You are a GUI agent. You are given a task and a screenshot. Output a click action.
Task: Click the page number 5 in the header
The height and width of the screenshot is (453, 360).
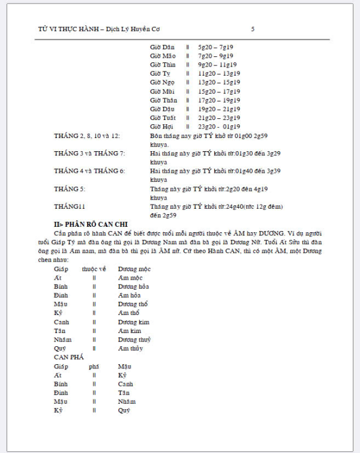(253, 29)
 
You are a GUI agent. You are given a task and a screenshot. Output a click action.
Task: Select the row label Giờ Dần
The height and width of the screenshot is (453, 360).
(163, 47)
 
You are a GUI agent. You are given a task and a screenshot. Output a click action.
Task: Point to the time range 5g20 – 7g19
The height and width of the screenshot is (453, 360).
(215, 47)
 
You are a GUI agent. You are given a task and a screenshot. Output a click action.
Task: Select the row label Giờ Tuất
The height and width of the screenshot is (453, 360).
(163, 118)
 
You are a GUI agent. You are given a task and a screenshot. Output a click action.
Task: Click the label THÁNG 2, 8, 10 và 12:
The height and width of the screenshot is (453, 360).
(86, 136)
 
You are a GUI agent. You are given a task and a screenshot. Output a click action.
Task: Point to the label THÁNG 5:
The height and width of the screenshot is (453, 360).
(70, 189)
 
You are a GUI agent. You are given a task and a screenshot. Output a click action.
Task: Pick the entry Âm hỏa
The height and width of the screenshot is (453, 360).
(130, 295)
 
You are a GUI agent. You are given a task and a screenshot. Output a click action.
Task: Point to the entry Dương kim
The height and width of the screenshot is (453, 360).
(133, 322)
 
